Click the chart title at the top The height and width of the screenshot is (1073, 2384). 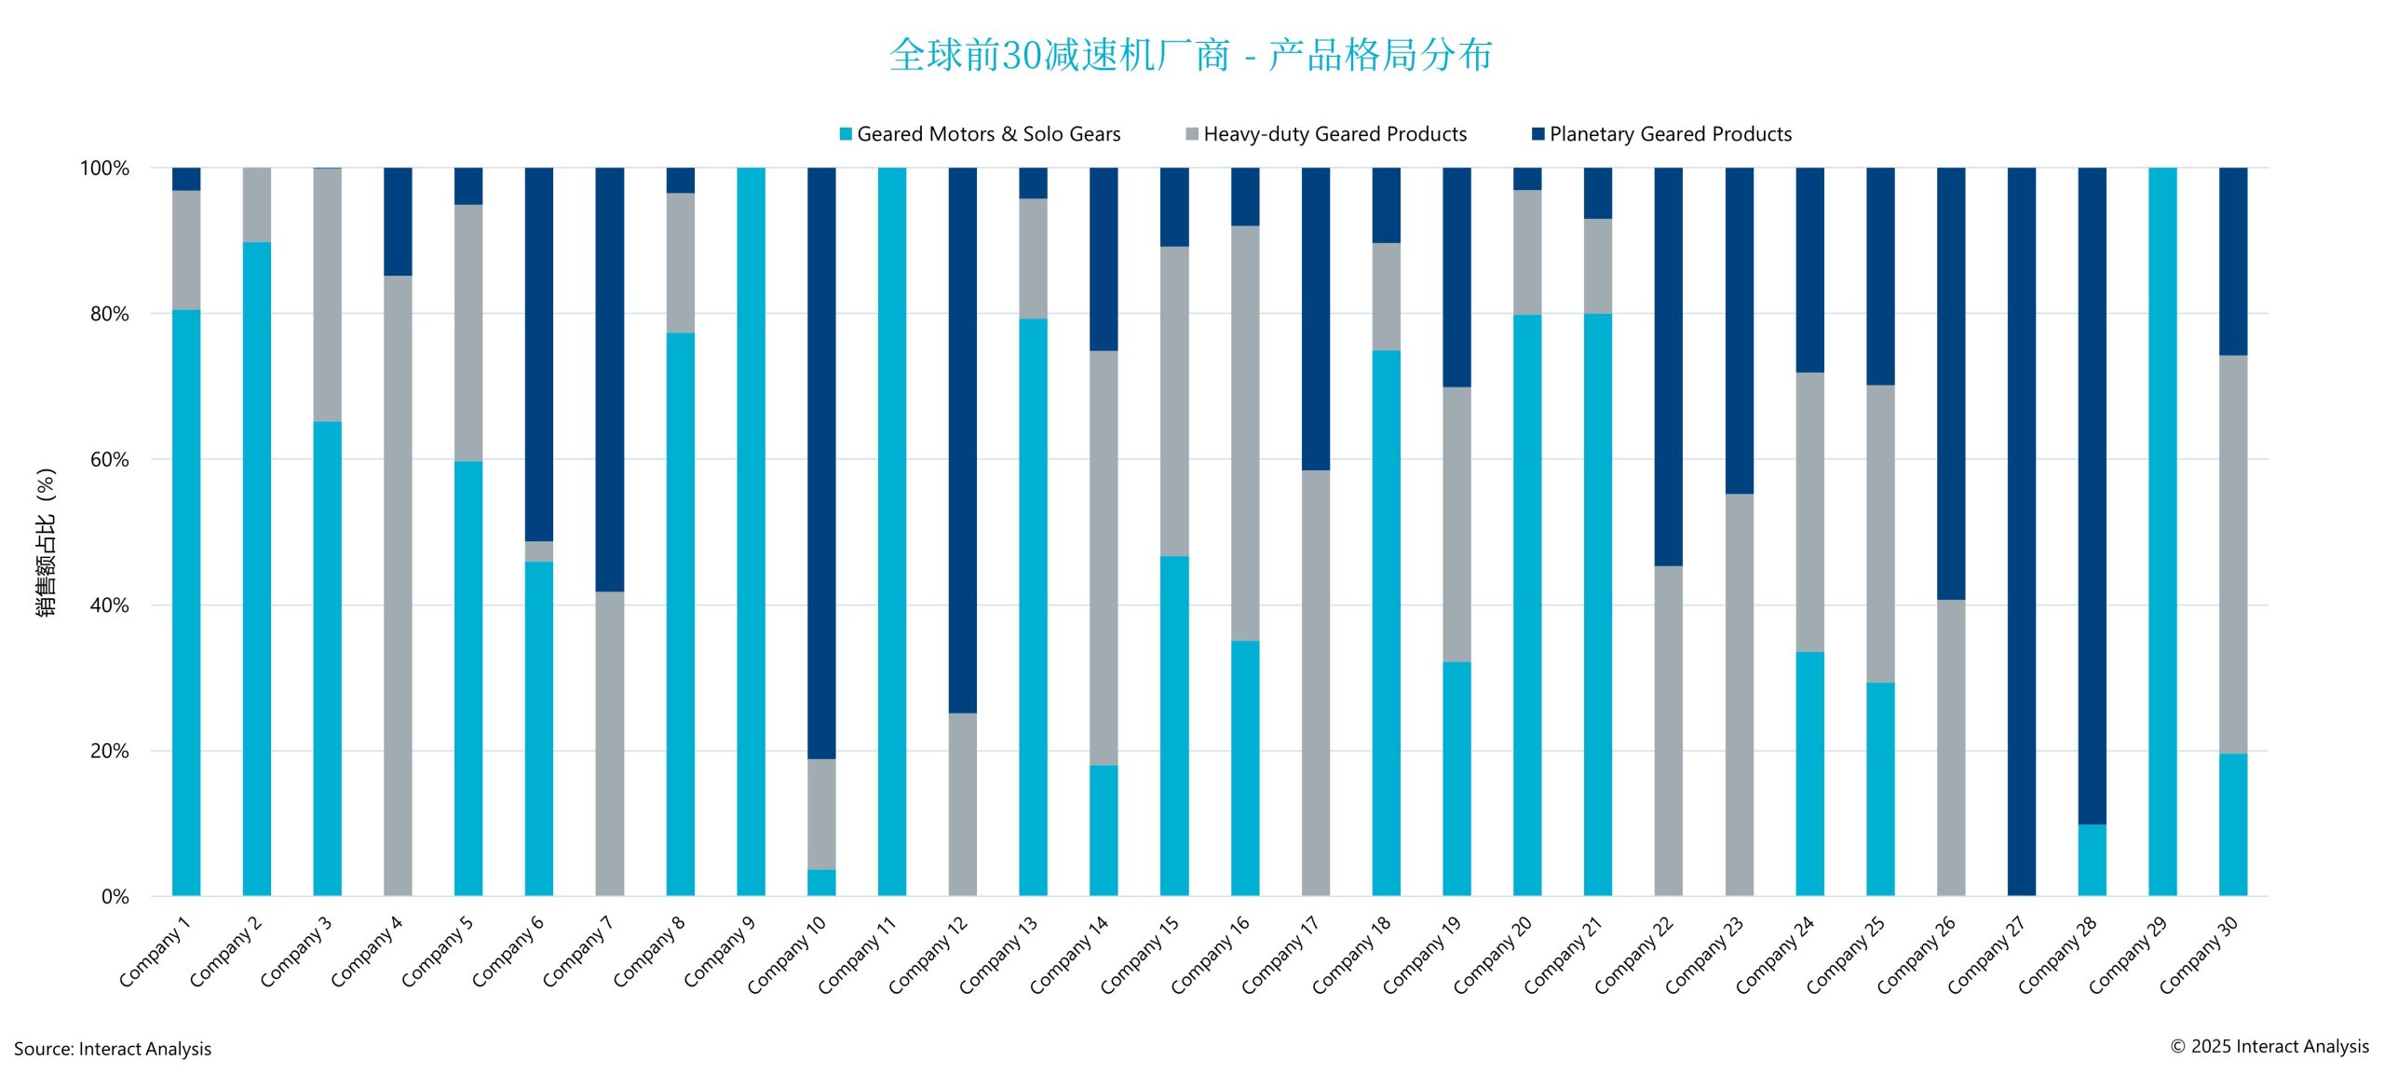(1190, 55)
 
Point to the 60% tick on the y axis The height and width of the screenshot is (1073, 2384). (109, 459)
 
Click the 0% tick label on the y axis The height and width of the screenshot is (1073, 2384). (115, 896)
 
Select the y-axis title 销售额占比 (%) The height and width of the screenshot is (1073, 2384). (46, 541)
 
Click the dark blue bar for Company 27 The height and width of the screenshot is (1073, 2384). (2021, 531)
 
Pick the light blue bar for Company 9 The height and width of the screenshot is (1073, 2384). (751, 531)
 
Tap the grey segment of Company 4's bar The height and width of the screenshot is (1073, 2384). (398, 585)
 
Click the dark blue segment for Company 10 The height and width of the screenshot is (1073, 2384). (821, 463)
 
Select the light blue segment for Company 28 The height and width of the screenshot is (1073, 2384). (2092, 860)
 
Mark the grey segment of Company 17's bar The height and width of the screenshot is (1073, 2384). (1316, 683)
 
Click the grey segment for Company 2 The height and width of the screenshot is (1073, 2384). (257, 205)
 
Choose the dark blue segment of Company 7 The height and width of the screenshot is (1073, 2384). (609, 379)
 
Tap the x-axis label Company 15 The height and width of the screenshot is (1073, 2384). (1140, 954)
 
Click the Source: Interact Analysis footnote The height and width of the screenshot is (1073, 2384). (113, 1049)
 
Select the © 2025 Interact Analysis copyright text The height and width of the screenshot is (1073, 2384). (2269, 1046)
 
